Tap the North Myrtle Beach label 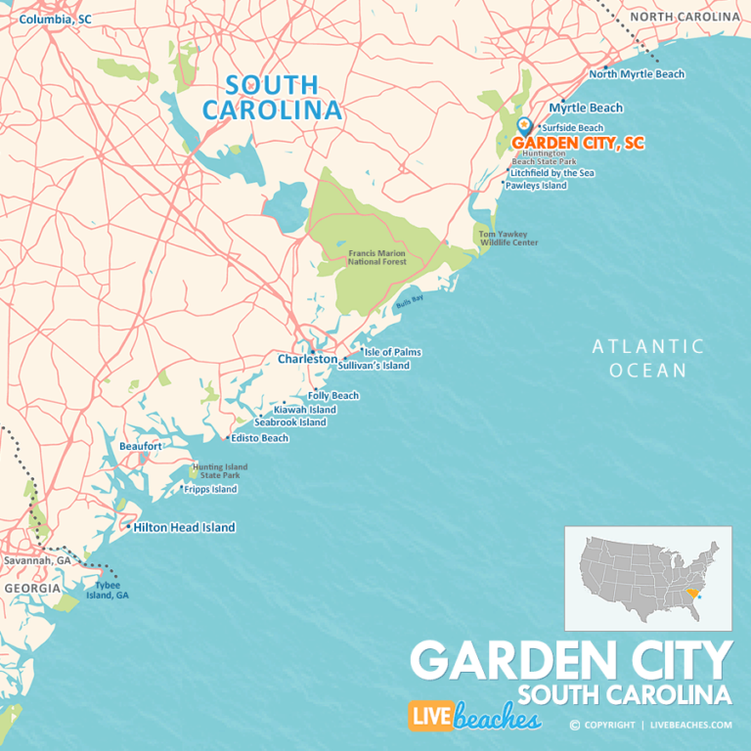[638, 74]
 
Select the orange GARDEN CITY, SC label [578, 143]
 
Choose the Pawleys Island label [536, 186]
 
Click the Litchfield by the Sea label [552, 173]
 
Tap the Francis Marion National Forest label [377, 258]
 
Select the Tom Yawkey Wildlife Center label [508, 239]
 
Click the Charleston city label [307, 359]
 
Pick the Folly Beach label [333, 396]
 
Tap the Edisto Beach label [260, 438]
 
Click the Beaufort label [140, 446]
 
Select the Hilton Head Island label [185, 527]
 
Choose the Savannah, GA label [37, 561]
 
